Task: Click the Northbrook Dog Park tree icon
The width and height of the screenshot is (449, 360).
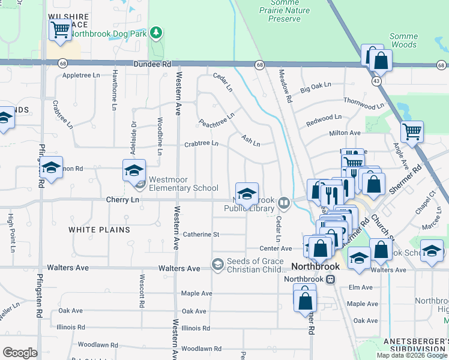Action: tap(156, 32)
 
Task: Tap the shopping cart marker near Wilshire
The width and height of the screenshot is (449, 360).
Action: tap(60, 29)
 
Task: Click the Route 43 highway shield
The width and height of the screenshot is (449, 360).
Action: tap(376, 80)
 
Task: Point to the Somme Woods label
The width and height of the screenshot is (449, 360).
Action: tap(403, 40)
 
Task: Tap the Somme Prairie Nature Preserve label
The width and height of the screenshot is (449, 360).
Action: tap(285, 11)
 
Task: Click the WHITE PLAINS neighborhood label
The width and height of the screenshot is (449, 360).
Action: tap(99, 230)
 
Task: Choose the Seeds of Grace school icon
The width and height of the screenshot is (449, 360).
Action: tap(217, 264)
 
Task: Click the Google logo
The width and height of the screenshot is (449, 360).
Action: tap(20, 352)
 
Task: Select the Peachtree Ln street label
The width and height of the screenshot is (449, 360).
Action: tap(217, 120)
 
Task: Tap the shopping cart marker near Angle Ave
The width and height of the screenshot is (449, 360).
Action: tap(412, 131)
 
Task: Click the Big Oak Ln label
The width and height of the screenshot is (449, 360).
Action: tap(316, 86)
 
